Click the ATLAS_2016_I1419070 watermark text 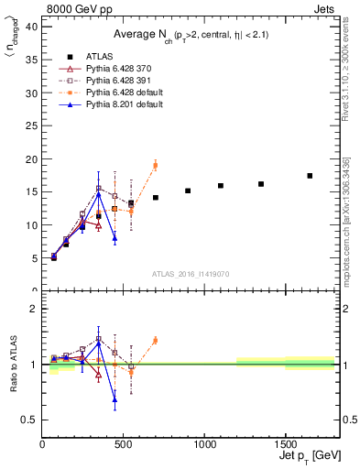click(x=190, y=273)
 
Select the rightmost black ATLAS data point click(x=310, y=176)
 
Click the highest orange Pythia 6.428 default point click(x=155, y=165)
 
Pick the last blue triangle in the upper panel click(x=115, y=238)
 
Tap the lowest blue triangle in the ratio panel click(x=115, y=398)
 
